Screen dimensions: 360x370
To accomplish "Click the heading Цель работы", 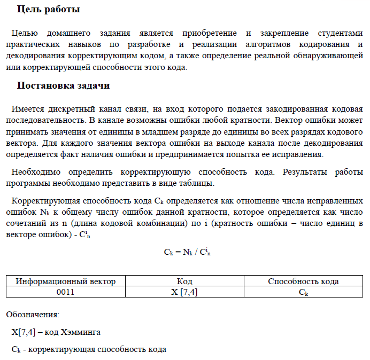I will coord(49,10).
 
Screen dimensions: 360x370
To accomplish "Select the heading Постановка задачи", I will coord(64,85).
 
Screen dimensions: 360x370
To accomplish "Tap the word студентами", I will coord(336,33).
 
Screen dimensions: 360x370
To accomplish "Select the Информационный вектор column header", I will coord(66,281).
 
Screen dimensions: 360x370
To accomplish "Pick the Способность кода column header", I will coord(303,281).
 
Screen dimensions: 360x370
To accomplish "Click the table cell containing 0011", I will coord(66,292).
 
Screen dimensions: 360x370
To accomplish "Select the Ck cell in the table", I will coord(303,292).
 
